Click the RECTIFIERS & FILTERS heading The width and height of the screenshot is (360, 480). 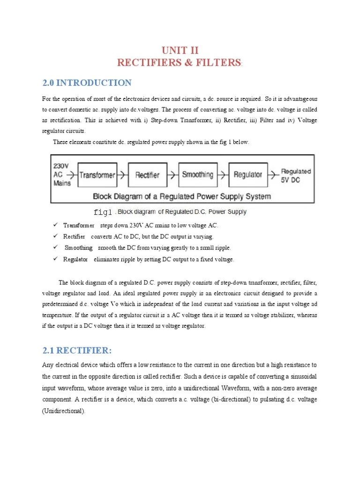pos(180,63)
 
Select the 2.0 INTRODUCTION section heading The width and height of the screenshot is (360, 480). pos(87,83)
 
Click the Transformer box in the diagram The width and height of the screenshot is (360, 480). pos(97,175)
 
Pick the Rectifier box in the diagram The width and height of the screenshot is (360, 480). pos(147,175)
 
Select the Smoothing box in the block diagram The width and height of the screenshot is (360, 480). pos(197,175)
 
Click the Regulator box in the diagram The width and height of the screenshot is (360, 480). pos(247,175)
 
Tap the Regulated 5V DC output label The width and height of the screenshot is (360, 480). pos(295,175)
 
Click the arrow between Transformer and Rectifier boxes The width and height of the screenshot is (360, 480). pos(122,175)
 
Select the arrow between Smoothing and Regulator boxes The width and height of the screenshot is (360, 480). pos(223,175)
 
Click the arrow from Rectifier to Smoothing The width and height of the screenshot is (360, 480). pos(172,175)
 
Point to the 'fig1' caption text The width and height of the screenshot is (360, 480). pos(103,212)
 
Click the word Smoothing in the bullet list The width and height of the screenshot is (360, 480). pos(78,248)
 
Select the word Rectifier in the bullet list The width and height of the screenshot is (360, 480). pos(74,237)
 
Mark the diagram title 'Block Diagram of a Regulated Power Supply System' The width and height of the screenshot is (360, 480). pos(182,196)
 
